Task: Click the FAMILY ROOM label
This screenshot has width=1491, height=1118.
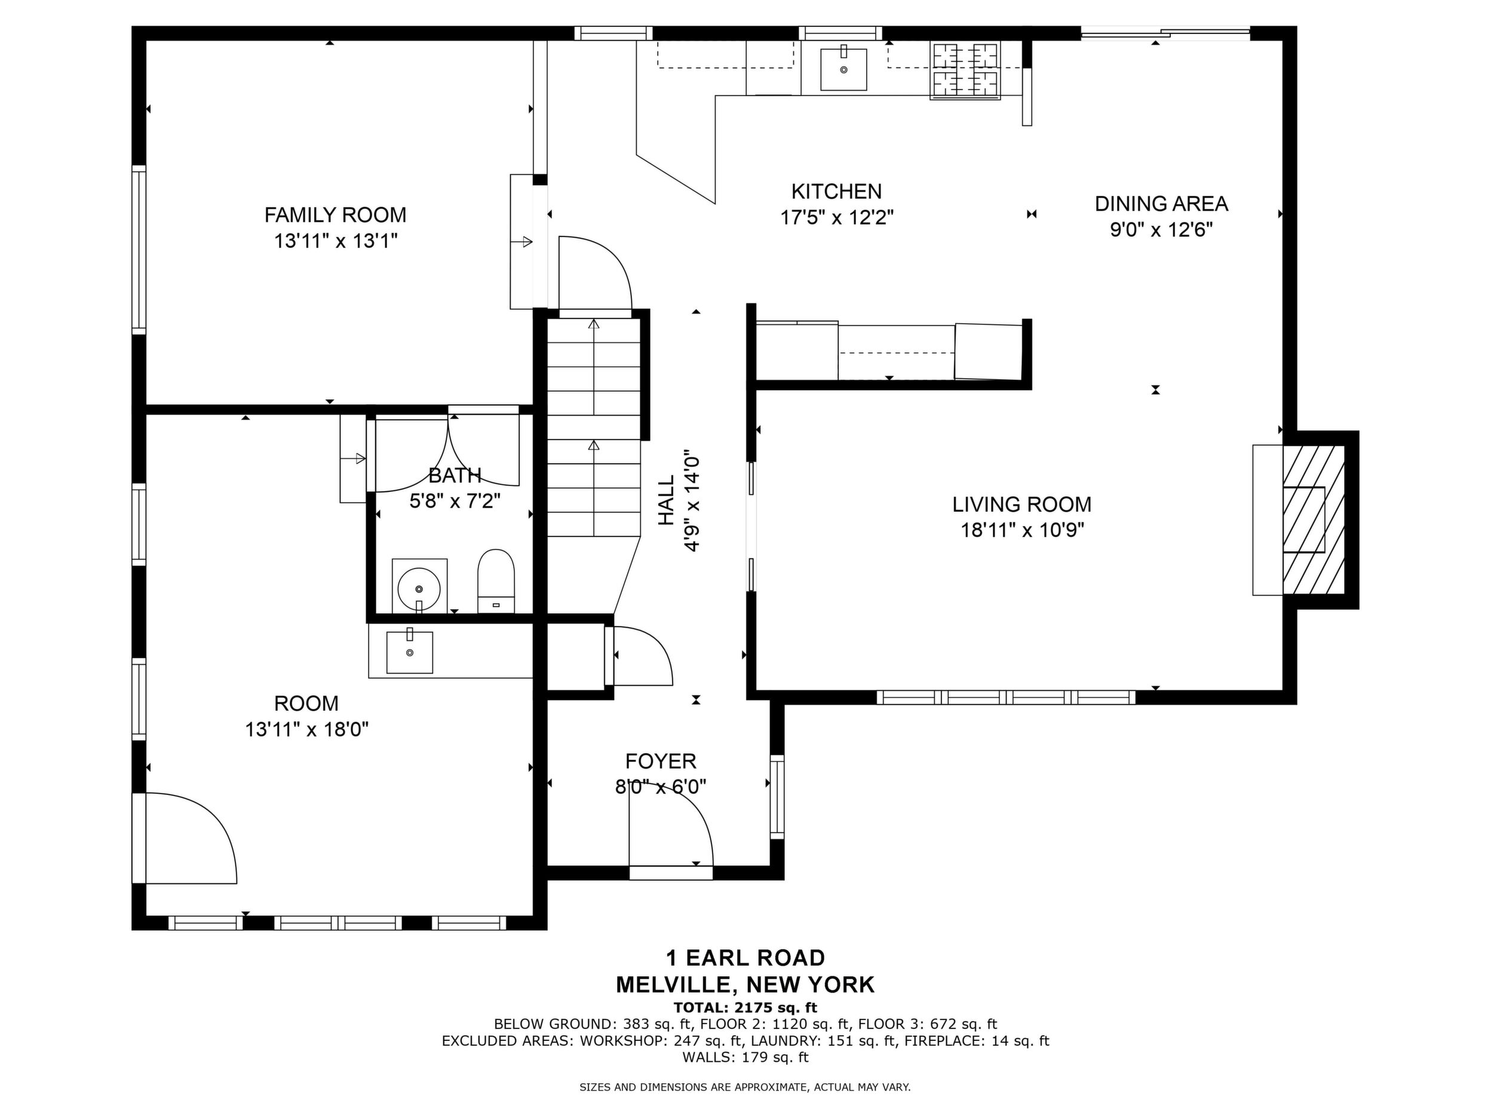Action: (x=335, y=215)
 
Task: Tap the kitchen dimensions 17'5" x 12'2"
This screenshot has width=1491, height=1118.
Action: (x=836, y=217)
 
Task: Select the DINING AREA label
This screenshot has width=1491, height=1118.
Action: (x=1161, y=204)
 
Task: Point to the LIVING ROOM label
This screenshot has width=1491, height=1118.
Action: (x=1022, y=504)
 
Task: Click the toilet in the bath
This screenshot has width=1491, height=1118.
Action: (x=495, y=581)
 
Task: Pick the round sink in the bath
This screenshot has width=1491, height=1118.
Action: (x=419, y=588)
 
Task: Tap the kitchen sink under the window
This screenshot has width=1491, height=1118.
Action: (x=843, y=68)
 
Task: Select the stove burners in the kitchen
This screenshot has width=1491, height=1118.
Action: (x=965, y=70)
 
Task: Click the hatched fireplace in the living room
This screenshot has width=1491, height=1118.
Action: (x=1313, y=520)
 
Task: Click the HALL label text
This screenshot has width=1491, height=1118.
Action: (x=666, y=500)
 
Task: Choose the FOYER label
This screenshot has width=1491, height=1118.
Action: (x=661, y=761)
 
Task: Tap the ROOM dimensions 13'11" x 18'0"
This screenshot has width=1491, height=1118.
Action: (x=306, y=729)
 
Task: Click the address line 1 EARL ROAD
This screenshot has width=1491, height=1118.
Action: (x=745, y=957)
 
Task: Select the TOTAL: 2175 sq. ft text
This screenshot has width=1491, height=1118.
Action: (x=745, y=1008)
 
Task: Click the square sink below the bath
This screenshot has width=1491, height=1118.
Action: (x=409, y=652)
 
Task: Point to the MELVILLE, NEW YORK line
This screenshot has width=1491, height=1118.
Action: (x=745, y=985)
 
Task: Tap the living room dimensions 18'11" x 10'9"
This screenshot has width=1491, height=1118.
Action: (x=1022, y=530)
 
